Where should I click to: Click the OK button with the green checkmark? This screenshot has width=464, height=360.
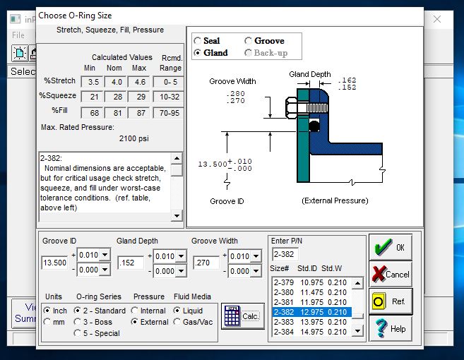click(x=391, y=247)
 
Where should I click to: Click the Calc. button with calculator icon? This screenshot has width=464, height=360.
click(x=243, y=316)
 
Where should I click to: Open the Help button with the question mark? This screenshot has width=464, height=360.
click(x=391, y=328)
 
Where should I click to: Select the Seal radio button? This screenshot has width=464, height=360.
click(x=197, y=40)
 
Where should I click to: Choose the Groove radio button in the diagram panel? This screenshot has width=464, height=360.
click(x=248, y=40)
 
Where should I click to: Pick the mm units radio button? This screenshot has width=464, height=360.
click(x=47, y=322)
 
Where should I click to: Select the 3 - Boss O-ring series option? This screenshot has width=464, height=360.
click(x=77, y=322)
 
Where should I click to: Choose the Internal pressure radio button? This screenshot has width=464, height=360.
click(x=135, y=311)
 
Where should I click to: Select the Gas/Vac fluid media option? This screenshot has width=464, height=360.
click(x=177, y=322)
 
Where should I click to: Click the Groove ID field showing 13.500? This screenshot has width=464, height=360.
click(x=55, y=263)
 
